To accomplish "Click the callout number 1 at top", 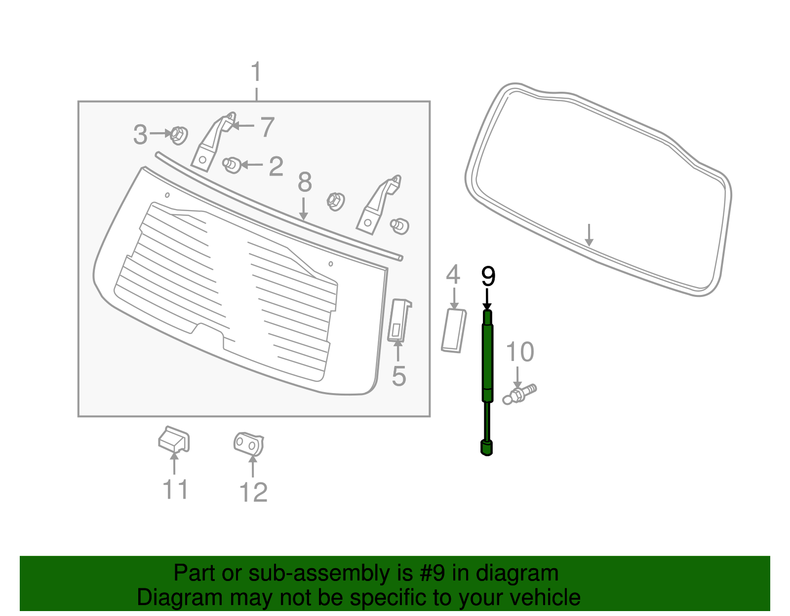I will point(256,72).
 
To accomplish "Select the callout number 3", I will point(140,134).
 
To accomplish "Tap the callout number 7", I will point(267,127).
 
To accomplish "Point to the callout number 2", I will point(276,166).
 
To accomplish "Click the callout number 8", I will point(305,182).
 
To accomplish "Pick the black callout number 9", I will point(488,277).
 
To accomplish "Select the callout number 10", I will point(520,352).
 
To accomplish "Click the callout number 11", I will point(175,490).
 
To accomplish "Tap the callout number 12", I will point(253,492).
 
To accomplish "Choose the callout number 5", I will point(398,376).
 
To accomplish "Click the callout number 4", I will point(453,275).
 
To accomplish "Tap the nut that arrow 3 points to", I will point(178,135).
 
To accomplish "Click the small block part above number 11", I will point(174,439).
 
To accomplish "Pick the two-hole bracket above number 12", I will point(249,444).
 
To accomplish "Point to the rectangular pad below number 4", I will point(454,330).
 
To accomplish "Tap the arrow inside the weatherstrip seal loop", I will point(589,235).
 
